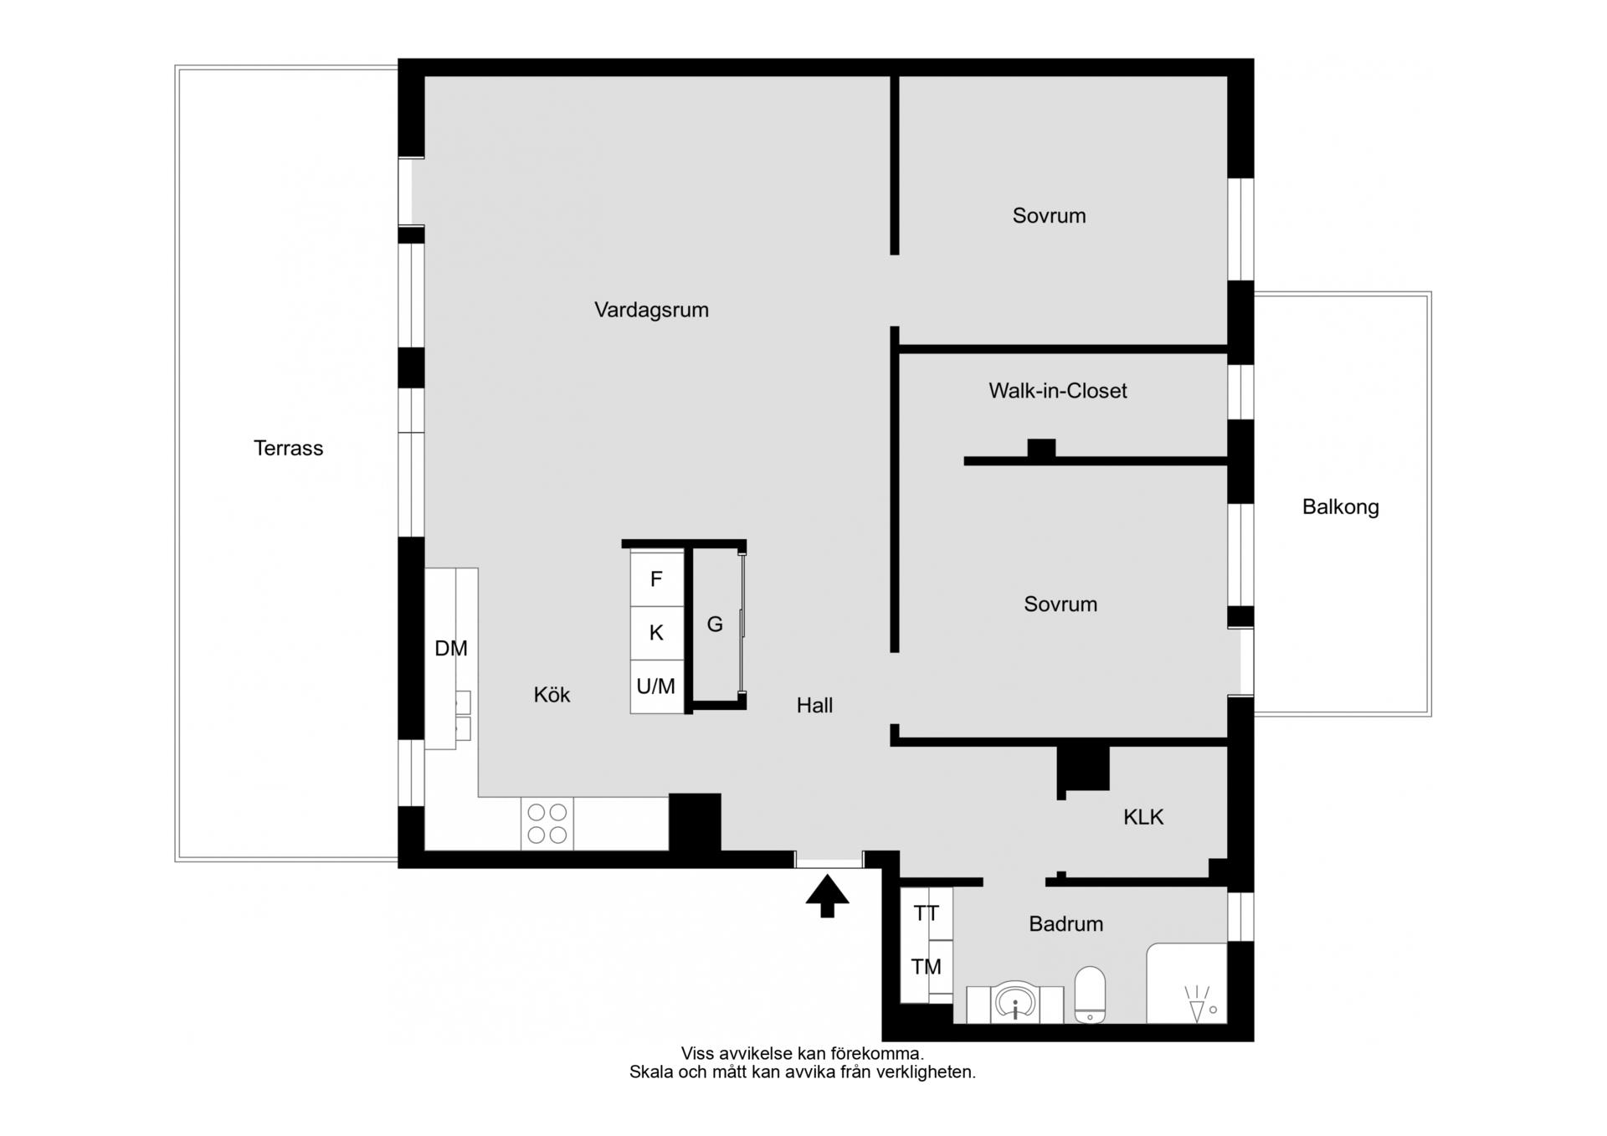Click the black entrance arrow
[x=827, y=896]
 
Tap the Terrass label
[x=288, y=448]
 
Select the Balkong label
[x=1340, y=506]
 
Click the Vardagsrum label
[x=651, y=310]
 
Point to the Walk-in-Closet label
[x=1057, y=391]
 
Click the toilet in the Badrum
[x=1090, y=995]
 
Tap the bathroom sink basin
[x=1015, y=1002]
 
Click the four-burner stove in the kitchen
[x=547, y=824]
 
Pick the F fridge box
[x=657, y=578]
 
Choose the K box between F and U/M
[x=657, y=633]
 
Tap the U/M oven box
[x=657, y=687]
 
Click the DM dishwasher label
[x=450, y=648]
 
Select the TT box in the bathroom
[x=927, y=914]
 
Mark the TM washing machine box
[x=927, y=967]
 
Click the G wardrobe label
[x=715, y=624]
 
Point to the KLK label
[x=1143, y=817]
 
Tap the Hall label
[x=814, y=706]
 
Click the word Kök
[x=552, y=694]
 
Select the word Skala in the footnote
[x=650, y=1072]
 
